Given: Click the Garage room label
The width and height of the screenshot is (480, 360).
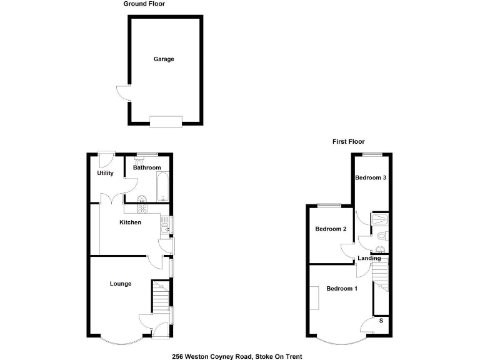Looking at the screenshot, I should tap(164, 59).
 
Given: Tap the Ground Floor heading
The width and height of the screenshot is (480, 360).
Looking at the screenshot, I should tap(144, 4).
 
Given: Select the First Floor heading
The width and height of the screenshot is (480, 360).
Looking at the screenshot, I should tap(348, 142).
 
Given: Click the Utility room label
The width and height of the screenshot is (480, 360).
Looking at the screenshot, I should tap(105, 173).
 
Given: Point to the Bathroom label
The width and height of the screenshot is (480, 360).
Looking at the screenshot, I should tap(147, 167).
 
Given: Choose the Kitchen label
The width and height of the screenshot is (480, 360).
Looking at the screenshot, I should tap(131, 222).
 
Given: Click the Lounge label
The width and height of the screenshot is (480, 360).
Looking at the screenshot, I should tap(121, 284).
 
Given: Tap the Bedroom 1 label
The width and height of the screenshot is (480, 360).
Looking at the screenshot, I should tap(342, 288).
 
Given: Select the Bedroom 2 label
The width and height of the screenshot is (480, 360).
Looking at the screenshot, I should tap(331, 229).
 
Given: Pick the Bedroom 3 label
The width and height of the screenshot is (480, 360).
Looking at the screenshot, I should tap(371, 177).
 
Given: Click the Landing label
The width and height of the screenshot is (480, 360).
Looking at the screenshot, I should tap(369, 258).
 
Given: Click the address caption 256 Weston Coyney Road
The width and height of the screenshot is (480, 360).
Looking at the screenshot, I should tap(237, 356).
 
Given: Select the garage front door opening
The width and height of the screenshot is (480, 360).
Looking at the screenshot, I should tap(166, 121).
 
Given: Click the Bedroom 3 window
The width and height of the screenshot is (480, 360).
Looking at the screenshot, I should tap(372, 154).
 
